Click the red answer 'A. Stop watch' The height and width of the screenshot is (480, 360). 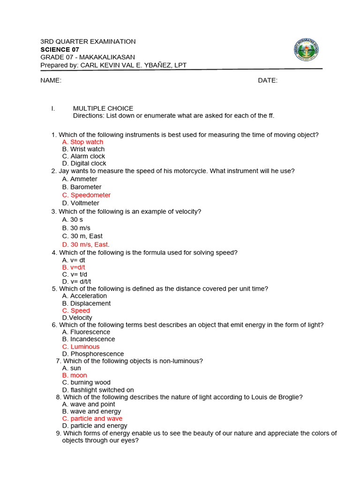click(x=82, y=142)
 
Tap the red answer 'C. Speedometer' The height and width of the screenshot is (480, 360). click(x=86, y=195)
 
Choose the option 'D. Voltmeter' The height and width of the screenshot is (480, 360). click(x=81, y=203)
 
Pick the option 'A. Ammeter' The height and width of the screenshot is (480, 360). click(x=80, y=179)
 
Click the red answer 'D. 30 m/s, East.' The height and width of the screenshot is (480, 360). click(x=86, y=244)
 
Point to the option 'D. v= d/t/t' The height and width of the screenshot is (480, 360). click(x=76, y=281)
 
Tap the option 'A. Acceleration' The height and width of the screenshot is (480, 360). click(x=84, y=296)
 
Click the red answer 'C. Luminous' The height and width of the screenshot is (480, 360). click(x=81, y=347)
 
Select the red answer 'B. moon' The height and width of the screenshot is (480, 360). click(x=75, y=375)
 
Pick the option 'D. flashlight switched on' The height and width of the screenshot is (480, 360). click(x=98, y=390)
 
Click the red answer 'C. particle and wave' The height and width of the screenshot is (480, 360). click(x=92, y=419)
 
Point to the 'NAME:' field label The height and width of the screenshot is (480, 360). click(x=51, y=80)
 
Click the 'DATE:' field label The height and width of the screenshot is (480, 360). click(x=268, y=80)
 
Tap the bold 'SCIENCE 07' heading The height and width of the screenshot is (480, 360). click(x=60, y=49)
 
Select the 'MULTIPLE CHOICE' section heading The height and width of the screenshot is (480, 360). click(x=103, y=108)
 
